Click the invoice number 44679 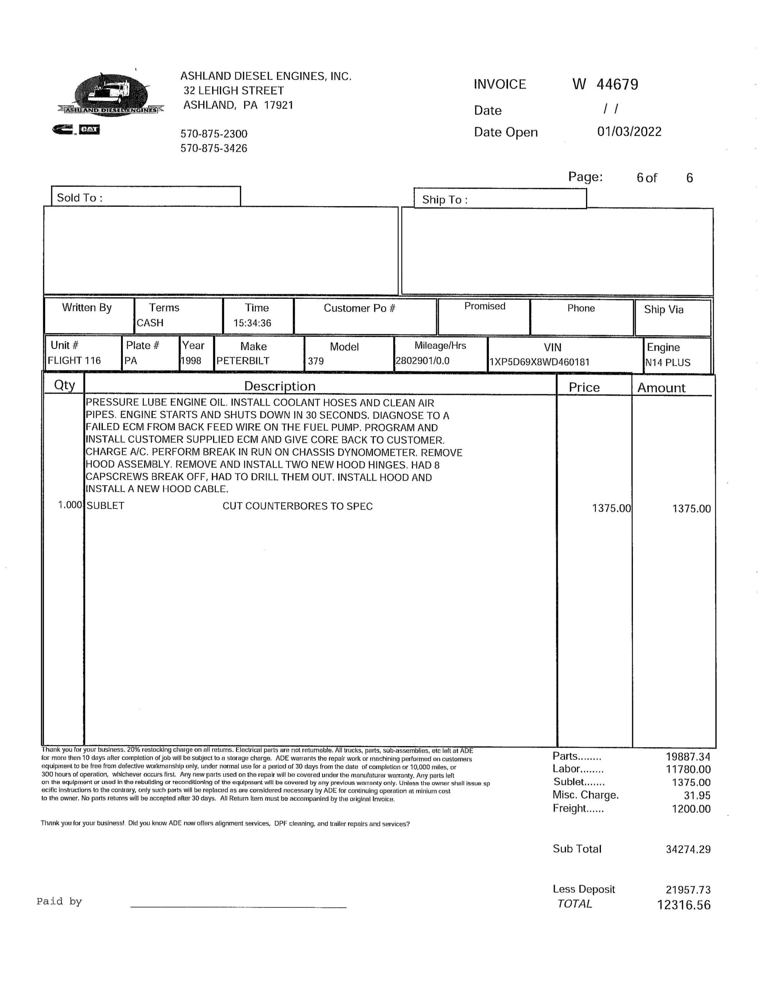tap(617, 84)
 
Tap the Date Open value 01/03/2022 tap(629, 132)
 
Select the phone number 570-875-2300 tap(214, 134)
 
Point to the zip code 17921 tap(279, 105)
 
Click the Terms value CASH tap(150, 323)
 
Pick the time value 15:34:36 tap(252, 323)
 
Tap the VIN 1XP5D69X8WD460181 tap(539, 362)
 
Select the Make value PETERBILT tap(243, 361)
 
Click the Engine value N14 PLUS tap(668, 362)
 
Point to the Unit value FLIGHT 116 tap(74, 360)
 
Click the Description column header tap(280, 386)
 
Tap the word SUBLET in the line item tap(105, 506)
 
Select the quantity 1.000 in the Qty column tap(70, 505)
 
